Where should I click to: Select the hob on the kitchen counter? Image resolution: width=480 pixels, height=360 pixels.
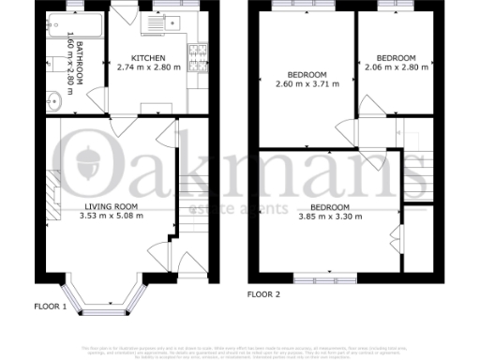199,58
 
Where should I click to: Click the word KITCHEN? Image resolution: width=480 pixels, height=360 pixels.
149,58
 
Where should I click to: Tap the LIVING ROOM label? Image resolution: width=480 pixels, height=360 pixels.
112,206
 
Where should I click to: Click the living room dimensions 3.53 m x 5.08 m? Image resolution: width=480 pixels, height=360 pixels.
112,216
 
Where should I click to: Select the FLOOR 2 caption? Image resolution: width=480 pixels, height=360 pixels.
263,293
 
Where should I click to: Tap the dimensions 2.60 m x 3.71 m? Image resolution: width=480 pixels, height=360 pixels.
307,83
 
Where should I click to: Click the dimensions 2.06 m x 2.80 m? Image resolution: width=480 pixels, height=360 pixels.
396,67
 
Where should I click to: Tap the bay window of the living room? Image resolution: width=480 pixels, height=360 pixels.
110,303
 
